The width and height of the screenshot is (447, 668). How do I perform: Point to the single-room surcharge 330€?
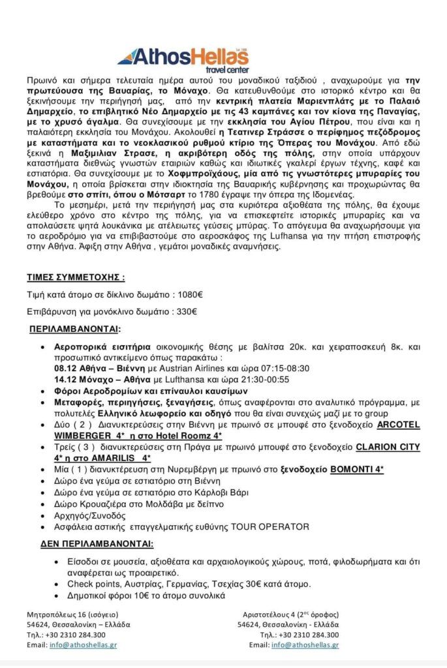coord(188,311)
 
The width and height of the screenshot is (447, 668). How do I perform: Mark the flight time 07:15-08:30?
coord(265,368)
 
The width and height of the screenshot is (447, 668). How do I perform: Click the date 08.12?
coord(66,368)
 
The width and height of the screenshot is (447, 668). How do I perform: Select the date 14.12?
coord(66,379)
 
